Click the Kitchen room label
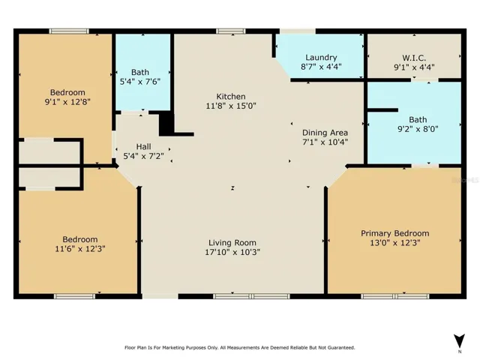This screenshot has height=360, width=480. point(231,97)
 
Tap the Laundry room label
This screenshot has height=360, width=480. point(321,57)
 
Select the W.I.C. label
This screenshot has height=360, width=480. point(414,58)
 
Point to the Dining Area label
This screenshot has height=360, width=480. point(325,133)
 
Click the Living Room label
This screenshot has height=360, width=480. point(232,243)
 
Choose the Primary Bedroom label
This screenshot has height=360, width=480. point(395,233)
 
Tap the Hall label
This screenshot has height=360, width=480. point(143,147)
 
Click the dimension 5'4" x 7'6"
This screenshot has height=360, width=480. point(140,82)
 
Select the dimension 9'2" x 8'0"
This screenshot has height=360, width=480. point(418,129)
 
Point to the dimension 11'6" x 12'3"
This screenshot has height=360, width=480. point(80,248)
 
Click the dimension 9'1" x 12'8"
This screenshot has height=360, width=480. point(67,102)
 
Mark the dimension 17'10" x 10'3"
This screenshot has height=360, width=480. point(232,252)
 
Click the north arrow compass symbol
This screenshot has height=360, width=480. point(459,340)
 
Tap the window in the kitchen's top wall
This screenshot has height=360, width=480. point(231,31)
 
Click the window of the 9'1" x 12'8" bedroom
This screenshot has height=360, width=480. point(69,31)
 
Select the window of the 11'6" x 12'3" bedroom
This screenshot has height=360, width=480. point(75,296)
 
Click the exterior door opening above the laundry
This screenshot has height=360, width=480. point(298,31)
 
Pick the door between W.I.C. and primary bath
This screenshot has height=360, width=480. point(424,80)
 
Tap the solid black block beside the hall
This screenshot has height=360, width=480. point(166,123)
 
